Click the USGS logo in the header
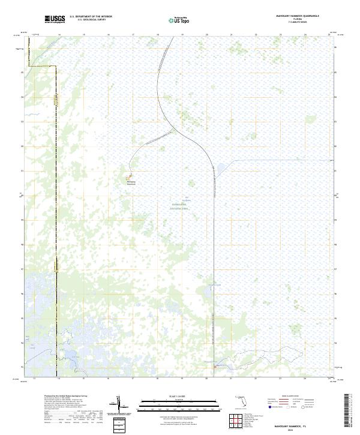pyautogui.click(x=55, y=19)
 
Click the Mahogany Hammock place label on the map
pyautogui.click(x=131, y=183)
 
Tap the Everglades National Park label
pyautogui.click(x=179, y=205)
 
